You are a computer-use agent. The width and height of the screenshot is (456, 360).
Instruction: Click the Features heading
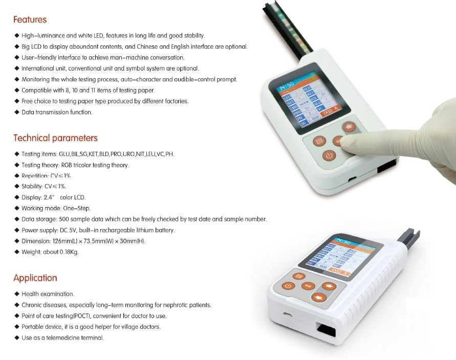point(30,20)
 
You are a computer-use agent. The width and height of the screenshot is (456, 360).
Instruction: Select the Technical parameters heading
point(55,138)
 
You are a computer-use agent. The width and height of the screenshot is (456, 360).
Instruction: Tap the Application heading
point(35,278)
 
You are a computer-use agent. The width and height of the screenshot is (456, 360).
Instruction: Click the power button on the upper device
point(329,155)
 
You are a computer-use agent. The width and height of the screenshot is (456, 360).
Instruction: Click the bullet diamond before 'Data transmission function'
point(17,112)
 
